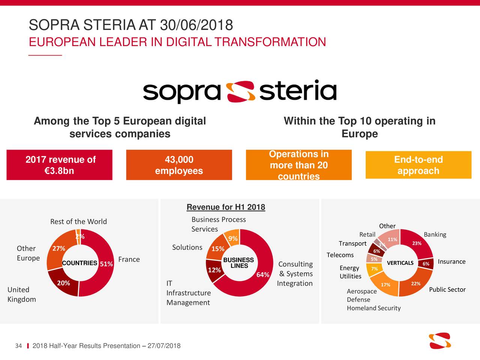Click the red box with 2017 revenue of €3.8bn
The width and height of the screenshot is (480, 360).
[59, 165]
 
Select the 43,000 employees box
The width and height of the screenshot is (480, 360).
[179, 165]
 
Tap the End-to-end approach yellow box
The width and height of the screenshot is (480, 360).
[418, 165]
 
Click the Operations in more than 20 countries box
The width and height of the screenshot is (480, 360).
[298, 165]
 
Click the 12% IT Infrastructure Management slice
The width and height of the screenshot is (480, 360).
[214, 270]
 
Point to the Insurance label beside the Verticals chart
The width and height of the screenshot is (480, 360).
[451, 261]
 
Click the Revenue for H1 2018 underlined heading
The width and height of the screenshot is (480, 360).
[226, 207]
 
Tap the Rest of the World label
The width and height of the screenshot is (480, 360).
[78, 222]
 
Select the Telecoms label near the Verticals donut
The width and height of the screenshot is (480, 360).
[340, 255]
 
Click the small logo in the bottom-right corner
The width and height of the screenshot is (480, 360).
[440, 340]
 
